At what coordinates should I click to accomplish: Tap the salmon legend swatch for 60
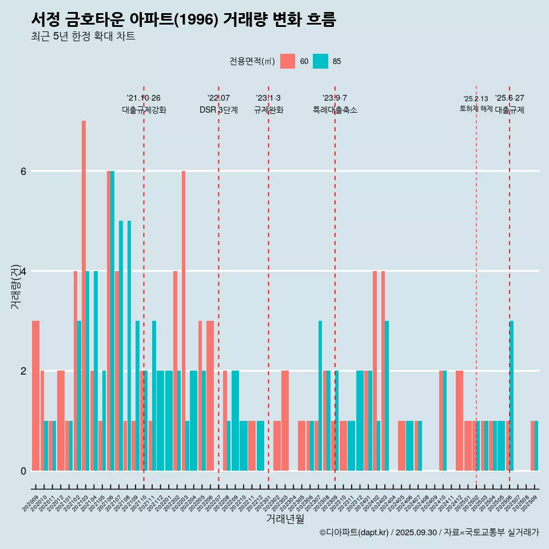(x=288, y=61)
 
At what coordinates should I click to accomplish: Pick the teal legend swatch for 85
(x=321, y=61)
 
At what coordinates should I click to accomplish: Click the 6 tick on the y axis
(x=23, y=171)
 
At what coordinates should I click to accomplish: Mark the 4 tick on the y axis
(x=23, y=271)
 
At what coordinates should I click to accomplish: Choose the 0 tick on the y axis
(x=23, y=471)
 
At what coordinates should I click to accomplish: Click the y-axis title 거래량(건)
(x=16, y=287)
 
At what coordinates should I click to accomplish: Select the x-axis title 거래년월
(x=285, y=519)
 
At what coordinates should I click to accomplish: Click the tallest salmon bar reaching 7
(x=83, y=295)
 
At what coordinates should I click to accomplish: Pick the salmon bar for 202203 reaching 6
(x=184, y=320)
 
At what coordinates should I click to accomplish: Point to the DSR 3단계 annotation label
(x=218, y=110)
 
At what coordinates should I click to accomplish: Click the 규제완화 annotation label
(x=268, y=110)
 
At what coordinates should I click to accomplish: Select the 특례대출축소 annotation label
(x=335, y=110)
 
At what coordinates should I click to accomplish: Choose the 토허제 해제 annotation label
(x=476, y=108)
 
